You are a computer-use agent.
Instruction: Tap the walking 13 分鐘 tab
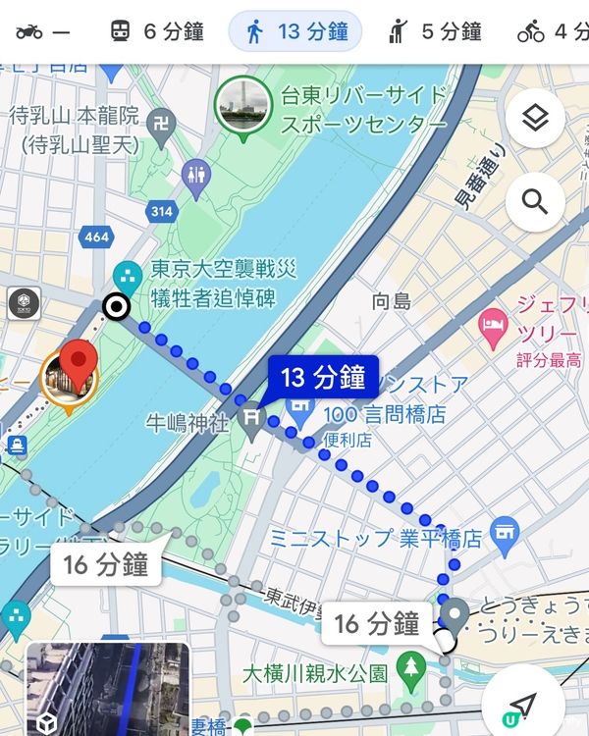295,31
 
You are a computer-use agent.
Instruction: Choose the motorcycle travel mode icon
43,31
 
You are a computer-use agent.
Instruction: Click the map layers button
535,119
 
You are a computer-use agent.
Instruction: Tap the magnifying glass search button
535,202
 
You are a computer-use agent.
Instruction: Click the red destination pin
79,366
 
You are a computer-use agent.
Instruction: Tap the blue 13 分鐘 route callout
323,377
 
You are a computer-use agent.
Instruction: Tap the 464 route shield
97,237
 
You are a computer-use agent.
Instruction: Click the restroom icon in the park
197,176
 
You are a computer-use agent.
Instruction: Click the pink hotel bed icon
491,322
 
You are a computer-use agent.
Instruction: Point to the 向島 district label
392,301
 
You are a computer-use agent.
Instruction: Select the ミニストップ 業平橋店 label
376,539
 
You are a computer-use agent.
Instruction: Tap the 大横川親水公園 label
315,674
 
